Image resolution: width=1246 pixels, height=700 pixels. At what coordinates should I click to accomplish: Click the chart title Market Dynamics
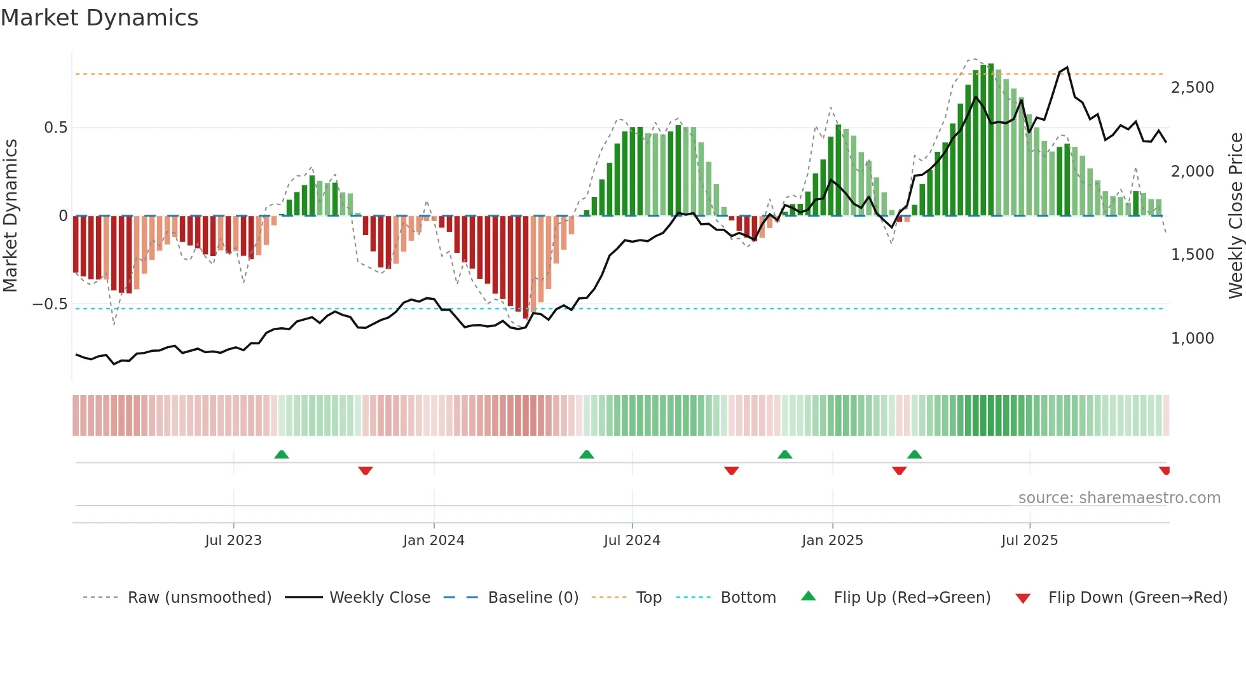coord(99,18)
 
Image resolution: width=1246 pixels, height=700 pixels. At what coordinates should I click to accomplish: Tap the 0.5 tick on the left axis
coord(55,128)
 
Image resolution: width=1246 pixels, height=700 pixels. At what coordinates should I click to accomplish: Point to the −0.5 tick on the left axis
coord(50,304)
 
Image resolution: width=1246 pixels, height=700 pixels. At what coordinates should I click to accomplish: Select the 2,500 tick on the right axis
coord(1192,88)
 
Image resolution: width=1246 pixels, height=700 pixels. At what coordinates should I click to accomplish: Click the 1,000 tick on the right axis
coord(1192,339)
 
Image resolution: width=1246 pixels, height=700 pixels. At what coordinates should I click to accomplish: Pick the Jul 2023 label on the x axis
coord(233,541)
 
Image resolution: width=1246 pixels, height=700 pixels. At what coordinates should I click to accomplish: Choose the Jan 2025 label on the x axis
coord(832,541)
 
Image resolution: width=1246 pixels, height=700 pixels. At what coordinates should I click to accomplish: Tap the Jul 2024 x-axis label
coord(632,541)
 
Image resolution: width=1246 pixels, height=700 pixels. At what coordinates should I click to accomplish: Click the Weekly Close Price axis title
coord(1235,215)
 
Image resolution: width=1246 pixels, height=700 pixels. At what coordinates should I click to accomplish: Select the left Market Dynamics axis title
coord(10,215)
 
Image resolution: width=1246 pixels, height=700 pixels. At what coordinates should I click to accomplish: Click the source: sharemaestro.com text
coord(1119,498)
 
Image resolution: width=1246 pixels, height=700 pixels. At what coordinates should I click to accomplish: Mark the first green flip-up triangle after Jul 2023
coord(282,454)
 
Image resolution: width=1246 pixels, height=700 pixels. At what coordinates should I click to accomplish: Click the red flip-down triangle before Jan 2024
coord(366,471)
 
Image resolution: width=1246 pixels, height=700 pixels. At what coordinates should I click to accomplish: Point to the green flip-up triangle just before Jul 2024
coord(587,454)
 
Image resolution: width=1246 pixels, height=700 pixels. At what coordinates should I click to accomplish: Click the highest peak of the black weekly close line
coord(1067,67)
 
